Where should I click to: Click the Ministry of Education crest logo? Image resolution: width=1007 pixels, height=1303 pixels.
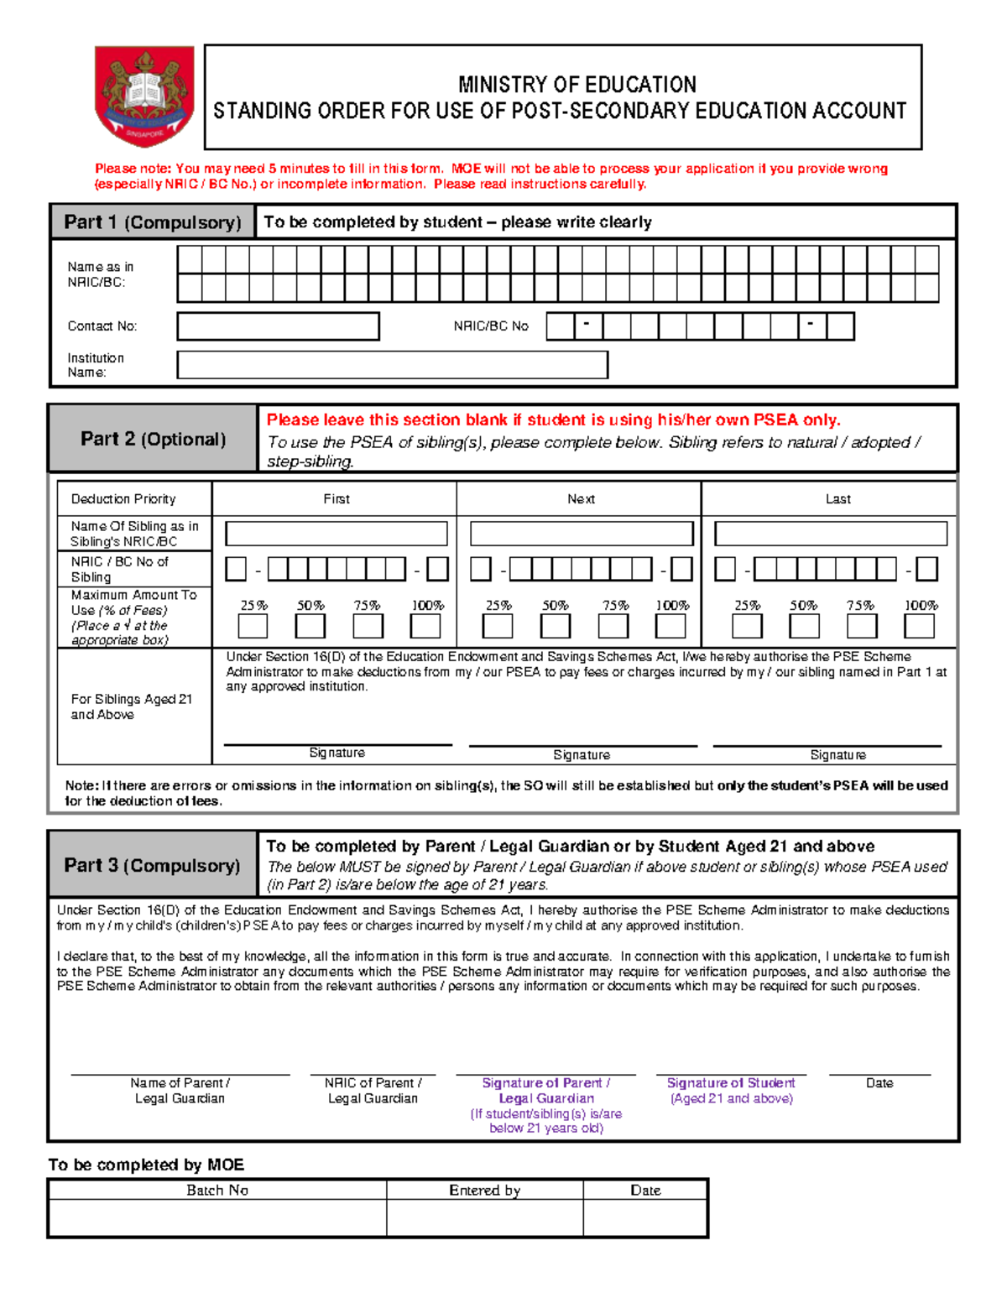(144, 96)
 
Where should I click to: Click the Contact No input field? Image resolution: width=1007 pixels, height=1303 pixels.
(278, 326)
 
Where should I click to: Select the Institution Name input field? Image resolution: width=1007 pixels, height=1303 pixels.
(392, 365)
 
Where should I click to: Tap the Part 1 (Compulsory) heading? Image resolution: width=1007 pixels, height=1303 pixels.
(153, 222)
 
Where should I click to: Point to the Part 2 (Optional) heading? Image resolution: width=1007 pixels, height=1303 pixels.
(153, 439)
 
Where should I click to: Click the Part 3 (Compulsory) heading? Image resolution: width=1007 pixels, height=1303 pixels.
(152, 865)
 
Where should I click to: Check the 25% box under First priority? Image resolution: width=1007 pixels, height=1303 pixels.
(253, 626)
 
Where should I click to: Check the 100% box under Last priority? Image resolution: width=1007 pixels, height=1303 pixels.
(919, 626)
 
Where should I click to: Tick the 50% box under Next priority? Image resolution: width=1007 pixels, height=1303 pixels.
(555, 626)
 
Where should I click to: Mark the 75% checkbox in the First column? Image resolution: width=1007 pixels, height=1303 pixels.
(368, 626)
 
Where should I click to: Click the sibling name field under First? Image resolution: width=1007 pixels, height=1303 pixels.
(336, 534)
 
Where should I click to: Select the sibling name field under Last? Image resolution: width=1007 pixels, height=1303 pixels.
(830, 534)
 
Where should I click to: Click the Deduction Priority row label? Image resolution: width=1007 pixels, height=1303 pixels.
(123, 499)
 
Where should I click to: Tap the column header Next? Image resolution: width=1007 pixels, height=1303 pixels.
(581, 499)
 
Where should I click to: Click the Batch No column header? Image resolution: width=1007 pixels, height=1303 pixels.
(217, 1190)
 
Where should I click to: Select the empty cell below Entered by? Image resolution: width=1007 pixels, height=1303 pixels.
(484, 1217)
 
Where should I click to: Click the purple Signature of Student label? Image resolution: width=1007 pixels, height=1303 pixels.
(731, 1083)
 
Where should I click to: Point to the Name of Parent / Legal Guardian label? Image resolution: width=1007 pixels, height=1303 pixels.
(180, 1091)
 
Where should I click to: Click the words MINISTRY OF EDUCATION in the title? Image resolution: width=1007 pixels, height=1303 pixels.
(577, 85)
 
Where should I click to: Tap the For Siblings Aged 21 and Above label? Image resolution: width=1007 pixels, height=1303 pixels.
(132, 706)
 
